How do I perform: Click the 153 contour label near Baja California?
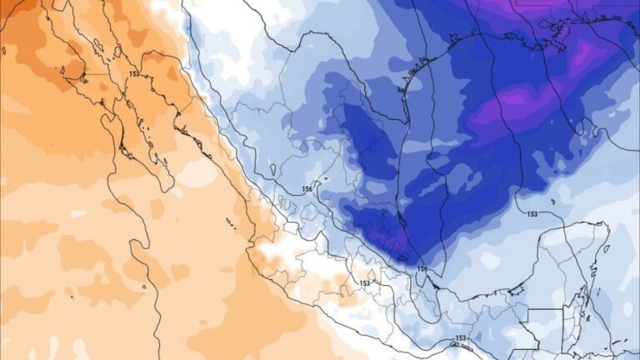tap(133, 75)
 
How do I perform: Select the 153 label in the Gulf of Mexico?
tap(532, 214)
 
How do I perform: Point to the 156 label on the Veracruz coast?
tap(422, 268)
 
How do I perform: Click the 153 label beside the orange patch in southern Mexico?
tap(364, 283)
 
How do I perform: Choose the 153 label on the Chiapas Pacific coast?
tap(461, 338)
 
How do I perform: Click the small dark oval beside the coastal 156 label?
tap(407, 259)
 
